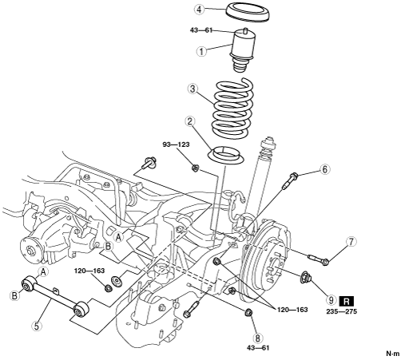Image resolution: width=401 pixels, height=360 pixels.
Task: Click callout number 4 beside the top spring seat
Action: point(199,10)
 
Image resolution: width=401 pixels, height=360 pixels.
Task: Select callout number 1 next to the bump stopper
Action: point(201,51)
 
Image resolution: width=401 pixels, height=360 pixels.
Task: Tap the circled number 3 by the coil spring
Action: point(193,89)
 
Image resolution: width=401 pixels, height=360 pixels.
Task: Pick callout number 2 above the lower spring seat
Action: point(189,121)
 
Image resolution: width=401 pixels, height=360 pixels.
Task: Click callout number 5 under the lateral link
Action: point(37,326)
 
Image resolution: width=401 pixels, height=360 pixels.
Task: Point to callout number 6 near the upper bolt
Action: point(324,169)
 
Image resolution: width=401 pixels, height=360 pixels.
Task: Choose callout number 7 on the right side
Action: point(351,242)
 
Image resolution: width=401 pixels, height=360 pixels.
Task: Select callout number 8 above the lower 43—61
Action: point(257,338)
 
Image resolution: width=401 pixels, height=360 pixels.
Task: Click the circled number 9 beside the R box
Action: point(331,300)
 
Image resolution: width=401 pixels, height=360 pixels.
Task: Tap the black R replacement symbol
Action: point(347,301)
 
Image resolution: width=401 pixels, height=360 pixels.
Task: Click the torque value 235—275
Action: point(342,311)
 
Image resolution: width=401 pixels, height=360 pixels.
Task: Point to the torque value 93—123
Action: point(177,144)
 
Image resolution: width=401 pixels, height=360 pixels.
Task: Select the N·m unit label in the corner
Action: point(393,354)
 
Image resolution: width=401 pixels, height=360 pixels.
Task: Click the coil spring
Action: point(232,108)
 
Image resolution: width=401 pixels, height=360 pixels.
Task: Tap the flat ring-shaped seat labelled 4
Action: point(248,12)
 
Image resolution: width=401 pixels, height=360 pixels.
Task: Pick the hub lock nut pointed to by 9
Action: point(307,277)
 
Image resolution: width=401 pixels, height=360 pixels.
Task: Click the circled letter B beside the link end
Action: point(14,295)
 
